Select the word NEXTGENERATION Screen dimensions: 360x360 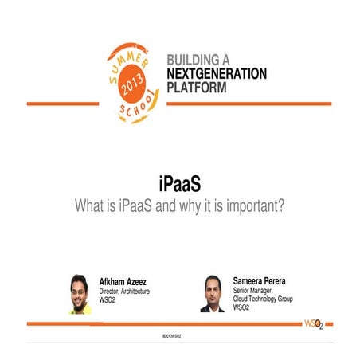[217, 73]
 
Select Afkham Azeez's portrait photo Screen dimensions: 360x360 [79, 294]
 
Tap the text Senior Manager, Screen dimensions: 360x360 [256, 292]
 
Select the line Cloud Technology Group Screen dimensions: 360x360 [267, 300]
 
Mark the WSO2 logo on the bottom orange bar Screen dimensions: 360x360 [315, 324]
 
